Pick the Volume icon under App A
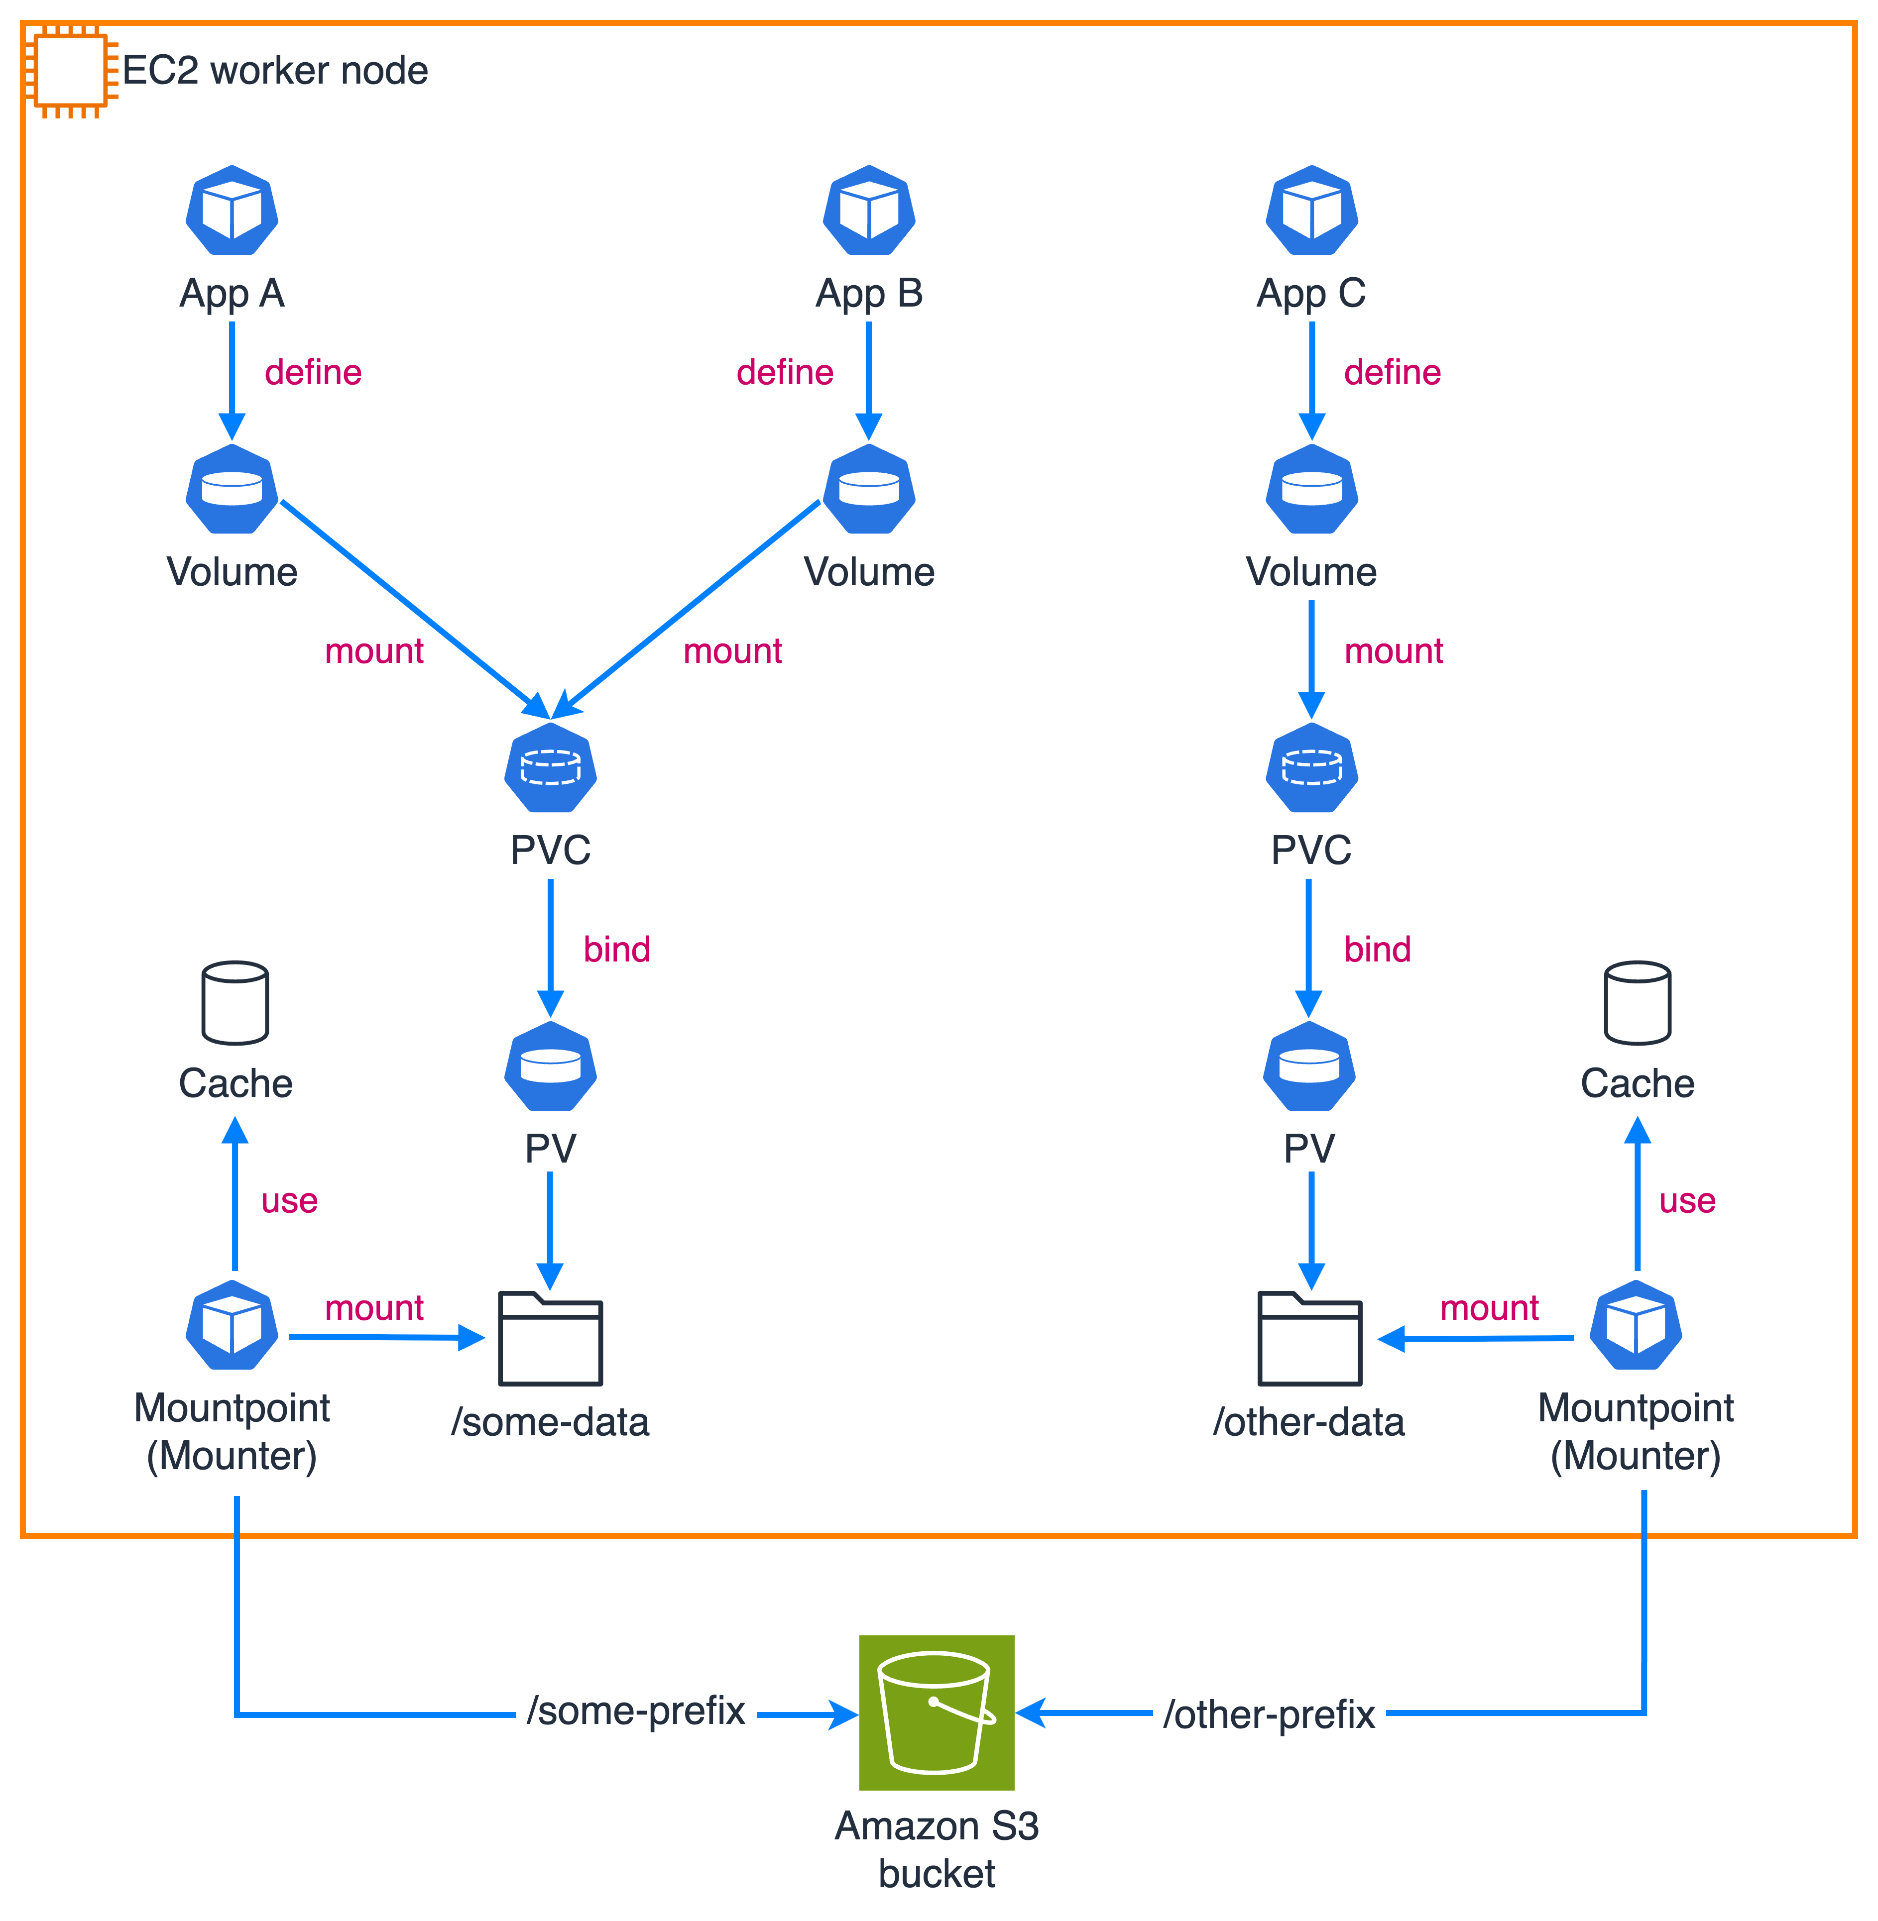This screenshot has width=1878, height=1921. coord(232,489)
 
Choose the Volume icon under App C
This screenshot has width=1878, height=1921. coord(1312,489)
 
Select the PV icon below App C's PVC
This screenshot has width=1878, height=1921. coord(1309,1066)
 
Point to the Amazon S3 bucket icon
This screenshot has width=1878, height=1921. coord(936,1713)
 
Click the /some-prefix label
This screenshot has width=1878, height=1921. coord(635,1711)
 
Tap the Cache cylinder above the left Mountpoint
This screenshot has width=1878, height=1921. coord(235,1003)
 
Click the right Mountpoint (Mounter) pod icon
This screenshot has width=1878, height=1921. coord(1636,1325)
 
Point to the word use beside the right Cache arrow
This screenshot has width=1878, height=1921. coord(1687,1201)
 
